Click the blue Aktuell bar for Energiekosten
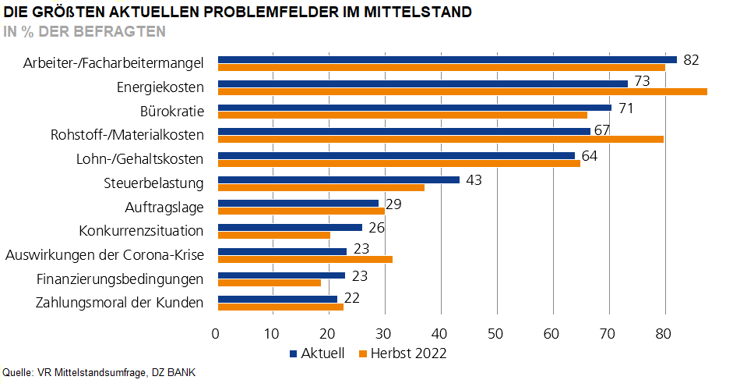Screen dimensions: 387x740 [x=422, y=83]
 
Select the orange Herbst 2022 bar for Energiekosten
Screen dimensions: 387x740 [x=462, y=91]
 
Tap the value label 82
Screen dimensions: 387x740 [x=690, y=60]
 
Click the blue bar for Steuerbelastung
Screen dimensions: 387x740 [x=338, y=179]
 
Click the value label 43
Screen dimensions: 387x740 [x=474, y=180]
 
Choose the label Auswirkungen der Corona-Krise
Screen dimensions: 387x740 [x=104, y=254]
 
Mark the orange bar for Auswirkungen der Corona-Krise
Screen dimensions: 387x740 [x=305, y=259]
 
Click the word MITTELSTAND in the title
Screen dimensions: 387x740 [x=420, y=13]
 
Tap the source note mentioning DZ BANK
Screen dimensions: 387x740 [x=99, y=373]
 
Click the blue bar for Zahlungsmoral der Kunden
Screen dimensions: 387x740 [x=277, y=300]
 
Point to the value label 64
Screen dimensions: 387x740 [x=589, y=156]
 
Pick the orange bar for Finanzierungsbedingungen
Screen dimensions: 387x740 [x=269, y=283]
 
